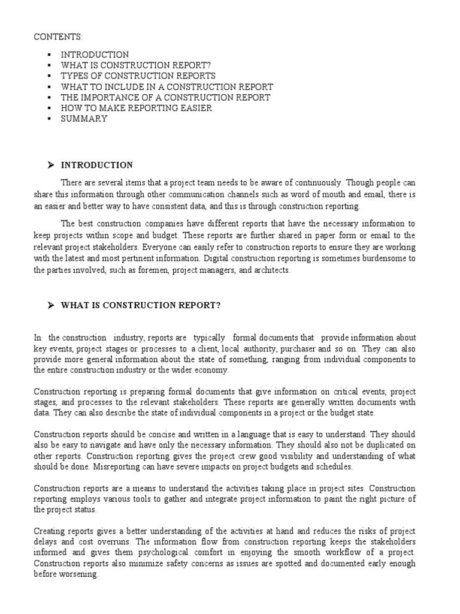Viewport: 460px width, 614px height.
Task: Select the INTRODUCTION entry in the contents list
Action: [x=95, y=55]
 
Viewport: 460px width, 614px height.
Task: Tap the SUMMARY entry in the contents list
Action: [x=84, y=119]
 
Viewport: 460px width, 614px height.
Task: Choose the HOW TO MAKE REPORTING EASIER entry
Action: [x=136, y=108]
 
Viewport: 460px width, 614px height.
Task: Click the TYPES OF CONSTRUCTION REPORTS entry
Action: [x=138, y=76]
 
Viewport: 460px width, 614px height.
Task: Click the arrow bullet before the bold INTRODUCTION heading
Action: [x=51, y=165]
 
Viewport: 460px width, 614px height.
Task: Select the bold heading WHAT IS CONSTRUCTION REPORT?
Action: [x=141, y=306]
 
